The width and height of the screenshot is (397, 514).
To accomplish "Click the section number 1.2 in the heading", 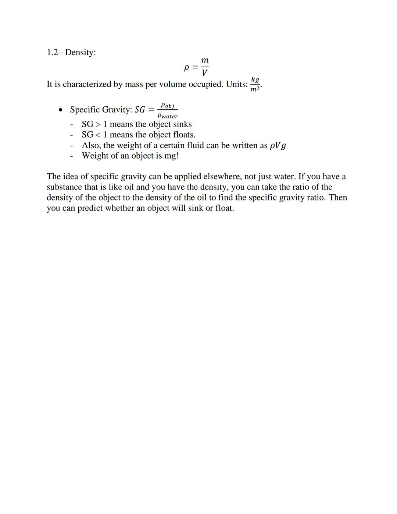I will [54, 53].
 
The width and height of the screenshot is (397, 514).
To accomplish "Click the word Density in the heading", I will [80, 53].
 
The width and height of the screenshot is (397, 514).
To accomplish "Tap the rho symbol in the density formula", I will [186, 68].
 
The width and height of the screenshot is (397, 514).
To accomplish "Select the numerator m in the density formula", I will [205, 60].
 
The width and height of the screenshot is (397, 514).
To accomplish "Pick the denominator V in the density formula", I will [204, 72].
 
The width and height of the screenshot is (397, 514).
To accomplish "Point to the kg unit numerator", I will [255, 79].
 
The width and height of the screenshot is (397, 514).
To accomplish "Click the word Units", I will [236, 84].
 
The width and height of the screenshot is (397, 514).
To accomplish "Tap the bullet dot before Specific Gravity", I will [61, 110].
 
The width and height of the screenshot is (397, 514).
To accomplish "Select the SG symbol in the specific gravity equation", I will [140, 110].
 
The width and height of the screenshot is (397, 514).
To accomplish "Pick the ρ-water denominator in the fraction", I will [167, 116].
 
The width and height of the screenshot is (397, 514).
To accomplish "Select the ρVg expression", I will [278, 146].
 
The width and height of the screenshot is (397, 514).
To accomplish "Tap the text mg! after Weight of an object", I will [171, 156].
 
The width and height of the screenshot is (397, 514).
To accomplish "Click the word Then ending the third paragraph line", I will [337, 198].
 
